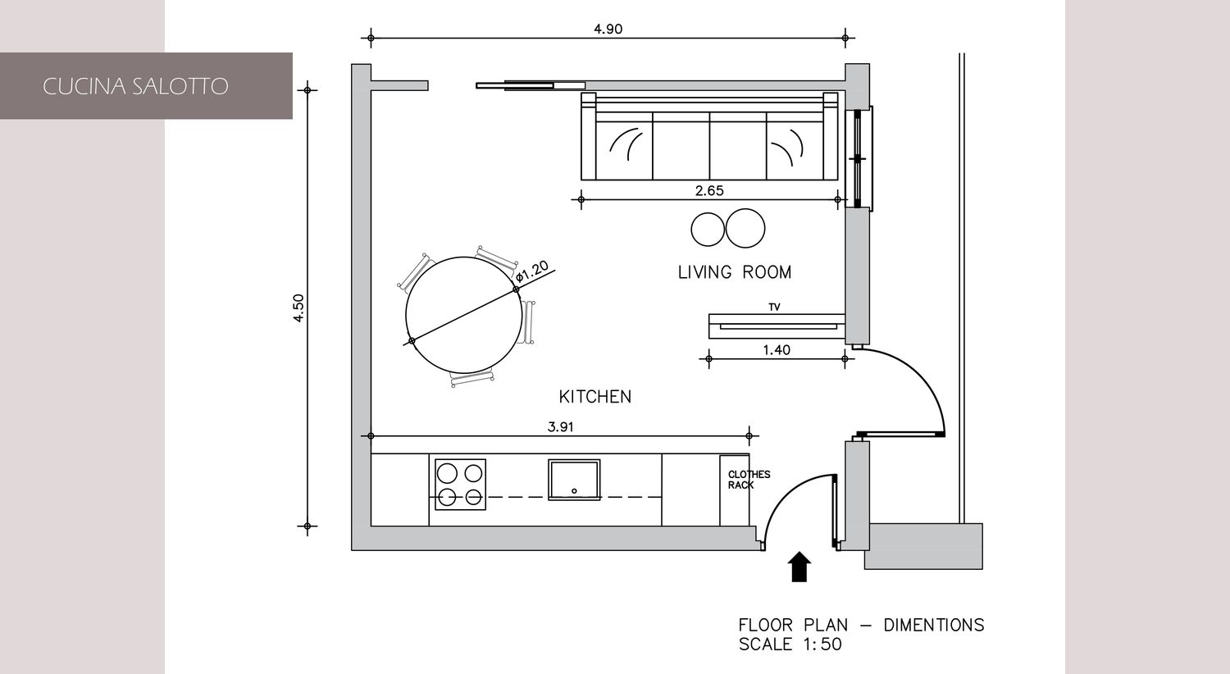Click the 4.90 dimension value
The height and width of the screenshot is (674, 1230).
click(608, 29)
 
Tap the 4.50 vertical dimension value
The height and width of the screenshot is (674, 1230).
click(298, 308)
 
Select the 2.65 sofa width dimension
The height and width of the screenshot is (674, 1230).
click(709, 190)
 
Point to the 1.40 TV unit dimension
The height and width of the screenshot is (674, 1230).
click(777, 349)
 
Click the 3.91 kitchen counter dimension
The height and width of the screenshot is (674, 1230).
click(561, 426)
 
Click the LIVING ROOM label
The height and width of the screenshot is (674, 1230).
click(735, 272)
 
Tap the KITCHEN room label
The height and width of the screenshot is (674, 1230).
click(595, 396)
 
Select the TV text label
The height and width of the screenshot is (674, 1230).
click(774, 307)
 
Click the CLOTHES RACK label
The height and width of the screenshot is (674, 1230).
click(749, 480)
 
